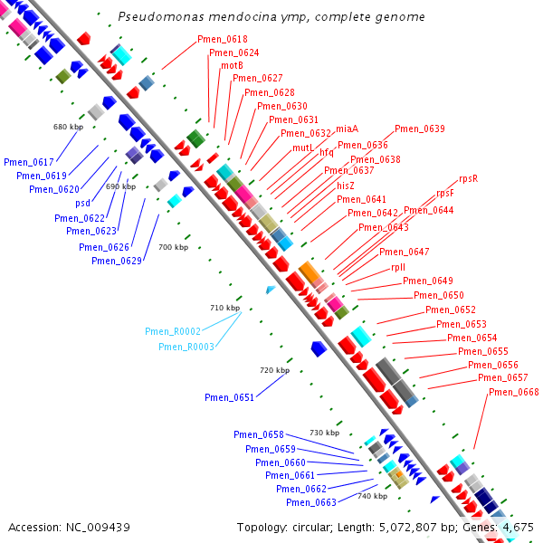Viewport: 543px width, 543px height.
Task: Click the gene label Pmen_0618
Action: pos(223,40)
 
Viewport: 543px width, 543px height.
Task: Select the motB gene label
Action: pos(232,65)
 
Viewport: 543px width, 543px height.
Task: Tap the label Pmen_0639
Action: pos(420,129)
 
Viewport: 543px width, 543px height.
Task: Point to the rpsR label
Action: pos(468,179)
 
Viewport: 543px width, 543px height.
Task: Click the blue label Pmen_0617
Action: pos(29,162)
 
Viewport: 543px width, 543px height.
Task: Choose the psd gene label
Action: pos(82,203)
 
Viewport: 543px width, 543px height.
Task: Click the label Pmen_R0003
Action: pos(186,347)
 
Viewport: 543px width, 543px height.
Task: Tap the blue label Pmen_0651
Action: pos(230,397)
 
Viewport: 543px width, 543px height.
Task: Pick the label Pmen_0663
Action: pos(311,502)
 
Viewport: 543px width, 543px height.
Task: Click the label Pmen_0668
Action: pos(513,392)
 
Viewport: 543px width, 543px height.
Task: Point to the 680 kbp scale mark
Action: pos(68,126)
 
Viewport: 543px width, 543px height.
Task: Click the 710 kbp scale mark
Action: pos(225,308)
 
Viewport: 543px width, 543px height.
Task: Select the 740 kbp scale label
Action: pos(372,496)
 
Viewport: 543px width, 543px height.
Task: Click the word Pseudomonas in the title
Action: pos(158,17)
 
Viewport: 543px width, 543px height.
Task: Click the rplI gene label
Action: pos(398,267)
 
